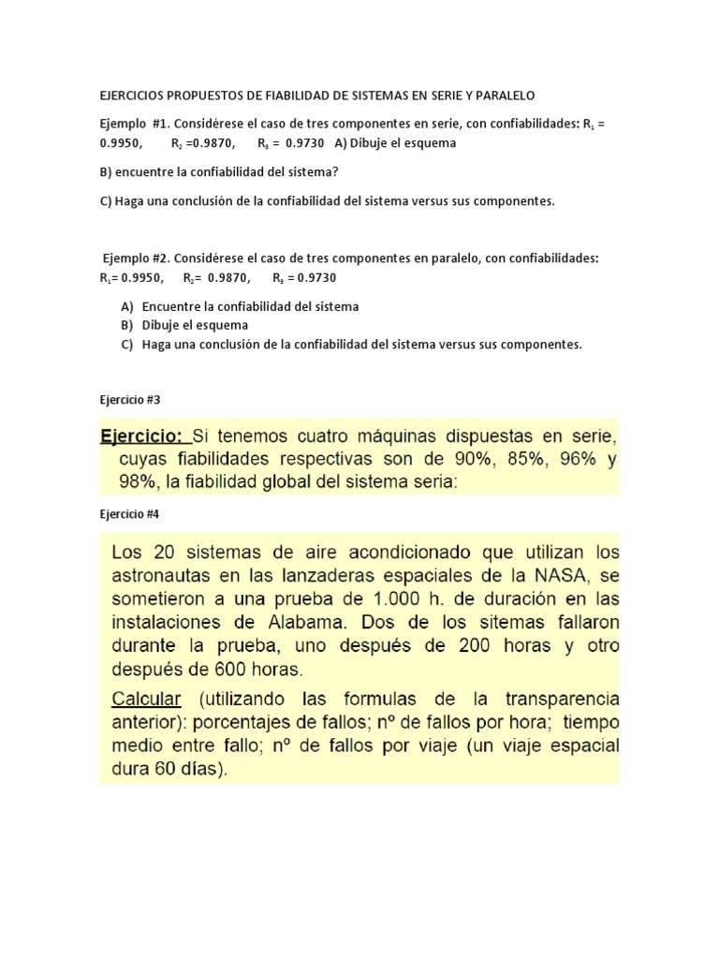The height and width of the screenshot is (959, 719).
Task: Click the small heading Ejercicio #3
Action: (x=130, y=399)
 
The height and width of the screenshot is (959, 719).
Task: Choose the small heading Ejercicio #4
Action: (x=130, y=513)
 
